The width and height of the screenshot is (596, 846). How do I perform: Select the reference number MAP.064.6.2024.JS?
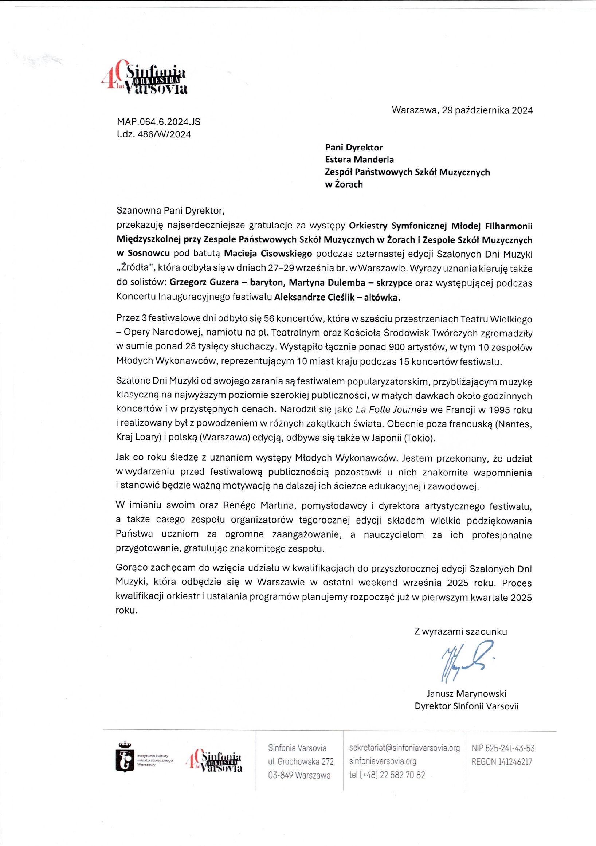[x=159, y=122]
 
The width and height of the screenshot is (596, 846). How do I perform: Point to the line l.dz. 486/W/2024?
[x=154, y=134]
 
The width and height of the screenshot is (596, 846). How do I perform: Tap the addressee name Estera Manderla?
[x=359, y=160]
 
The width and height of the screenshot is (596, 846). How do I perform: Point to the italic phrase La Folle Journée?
[x=391, y=410]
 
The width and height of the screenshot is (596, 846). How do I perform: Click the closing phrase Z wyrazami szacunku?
[x=460, y=631]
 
